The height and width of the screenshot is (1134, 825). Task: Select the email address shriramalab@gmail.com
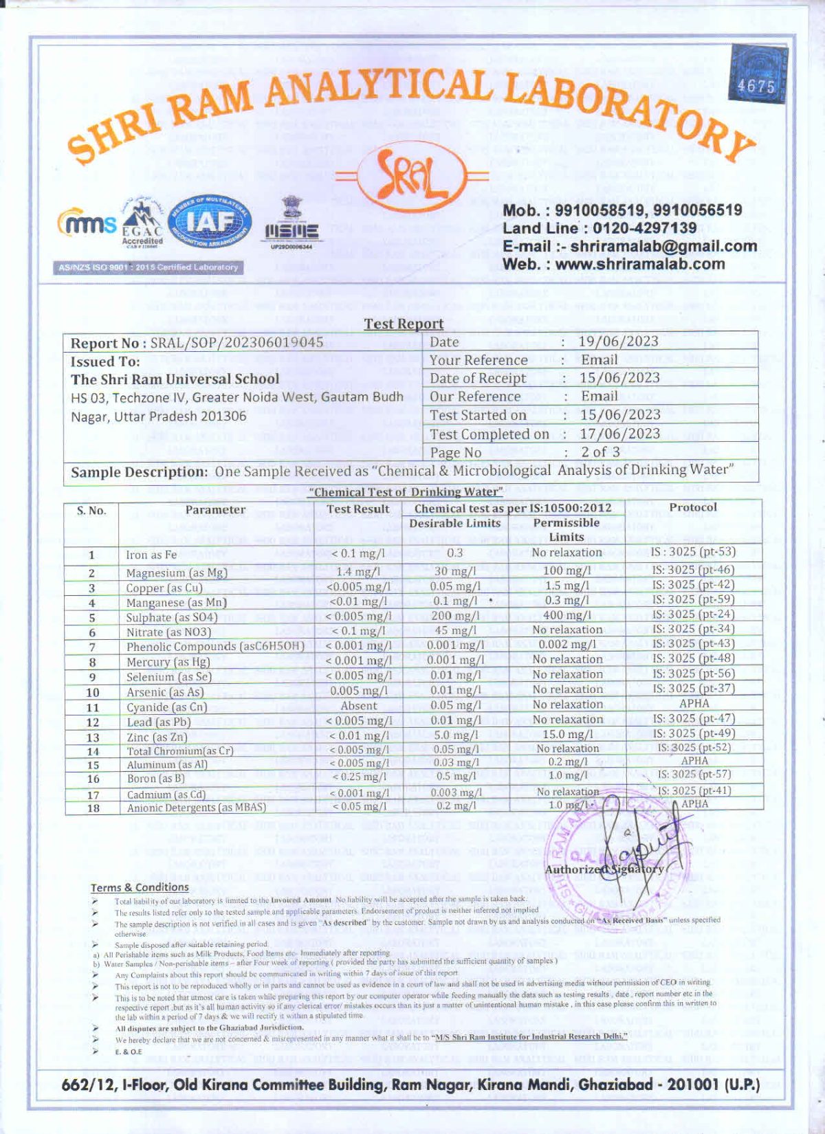pos(663,246)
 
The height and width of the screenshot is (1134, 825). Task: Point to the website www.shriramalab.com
pos(639,264)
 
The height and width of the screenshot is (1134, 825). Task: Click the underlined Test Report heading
pos(404,324)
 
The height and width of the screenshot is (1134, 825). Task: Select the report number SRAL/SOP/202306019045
pos(236,342)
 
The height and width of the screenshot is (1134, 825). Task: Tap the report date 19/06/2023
pos(618,342)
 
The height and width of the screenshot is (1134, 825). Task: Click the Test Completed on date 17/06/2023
pos(619,434)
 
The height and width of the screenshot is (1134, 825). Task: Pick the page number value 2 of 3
pos(600,452)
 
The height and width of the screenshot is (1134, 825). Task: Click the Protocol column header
pos(693,507)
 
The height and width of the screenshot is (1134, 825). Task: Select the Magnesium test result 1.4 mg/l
pos(358,572)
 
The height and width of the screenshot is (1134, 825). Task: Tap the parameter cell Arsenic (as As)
pos(165,692)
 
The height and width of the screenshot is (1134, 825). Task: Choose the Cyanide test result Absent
pos(358,706)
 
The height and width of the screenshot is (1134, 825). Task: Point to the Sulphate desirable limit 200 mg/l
pos(455,616)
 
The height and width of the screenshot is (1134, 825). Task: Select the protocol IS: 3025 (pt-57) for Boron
pos(694,775)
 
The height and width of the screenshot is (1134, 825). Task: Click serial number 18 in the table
pos(93,808)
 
